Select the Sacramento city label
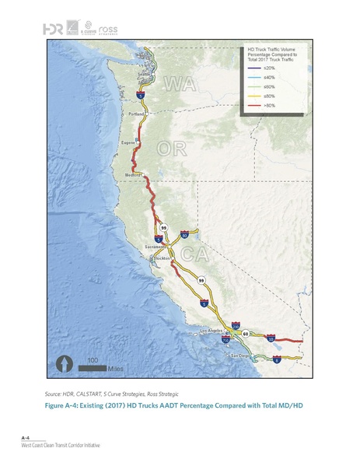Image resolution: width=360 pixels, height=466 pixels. (x=156, y=247)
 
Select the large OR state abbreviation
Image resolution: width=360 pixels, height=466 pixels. (x=171, y=148)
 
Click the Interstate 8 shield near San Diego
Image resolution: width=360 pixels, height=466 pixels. (x=278, y=360)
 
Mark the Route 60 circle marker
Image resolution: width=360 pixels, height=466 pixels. (x=245, y=335)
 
